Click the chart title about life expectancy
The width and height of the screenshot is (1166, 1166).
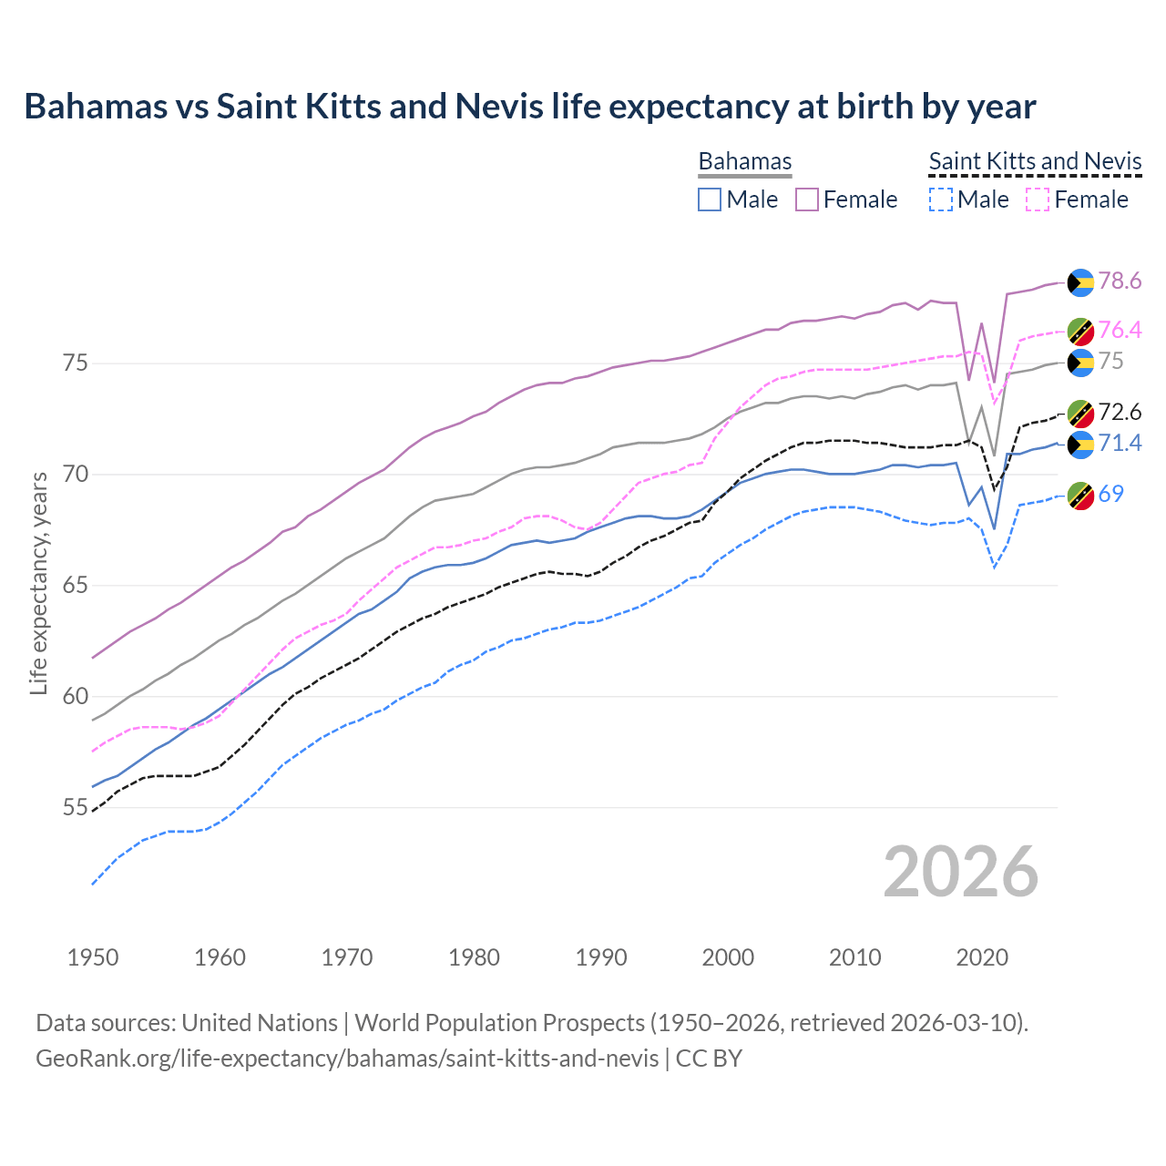[529, 107]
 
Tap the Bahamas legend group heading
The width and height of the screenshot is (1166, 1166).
[744, 161]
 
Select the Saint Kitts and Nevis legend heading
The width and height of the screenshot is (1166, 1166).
[1035, 161]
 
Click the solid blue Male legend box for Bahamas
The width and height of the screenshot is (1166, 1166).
[710, 199]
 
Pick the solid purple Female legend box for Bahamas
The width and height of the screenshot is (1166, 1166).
[807, 199]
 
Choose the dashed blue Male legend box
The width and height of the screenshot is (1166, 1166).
[940, 199]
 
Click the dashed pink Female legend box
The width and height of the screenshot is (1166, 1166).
[1038, 199]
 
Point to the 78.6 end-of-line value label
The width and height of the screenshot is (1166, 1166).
[1120, 281]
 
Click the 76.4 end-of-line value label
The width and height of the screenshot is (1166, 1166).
[1120, 330]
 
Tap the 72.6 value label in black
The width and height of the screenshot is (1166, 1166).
[1120, 413]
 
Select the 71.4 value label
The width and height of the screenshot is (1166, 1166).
[1120, 443]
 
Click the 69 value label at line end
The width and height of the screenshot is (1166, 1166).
[1110, 494]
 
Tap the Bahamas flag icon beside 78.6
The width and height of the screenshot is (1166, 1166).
[1080, 282]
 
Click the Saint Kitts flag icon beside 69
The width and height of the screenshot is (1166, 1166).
[1080, 496]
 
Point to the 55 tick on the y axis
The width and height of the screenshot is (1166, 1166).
[76, 808]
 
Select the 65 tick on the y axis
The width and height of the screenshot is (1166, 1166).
[76, 586]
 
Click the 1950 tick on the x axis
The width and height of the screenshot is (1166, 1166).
[93, 957]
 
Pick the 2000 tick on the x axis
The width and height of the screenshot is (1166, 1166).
[728, 957]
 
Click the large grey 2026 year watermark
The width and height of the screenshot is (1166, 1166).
[960, 872]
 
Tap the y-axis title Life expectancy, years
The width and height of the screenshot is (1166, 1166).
[38, 583]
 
